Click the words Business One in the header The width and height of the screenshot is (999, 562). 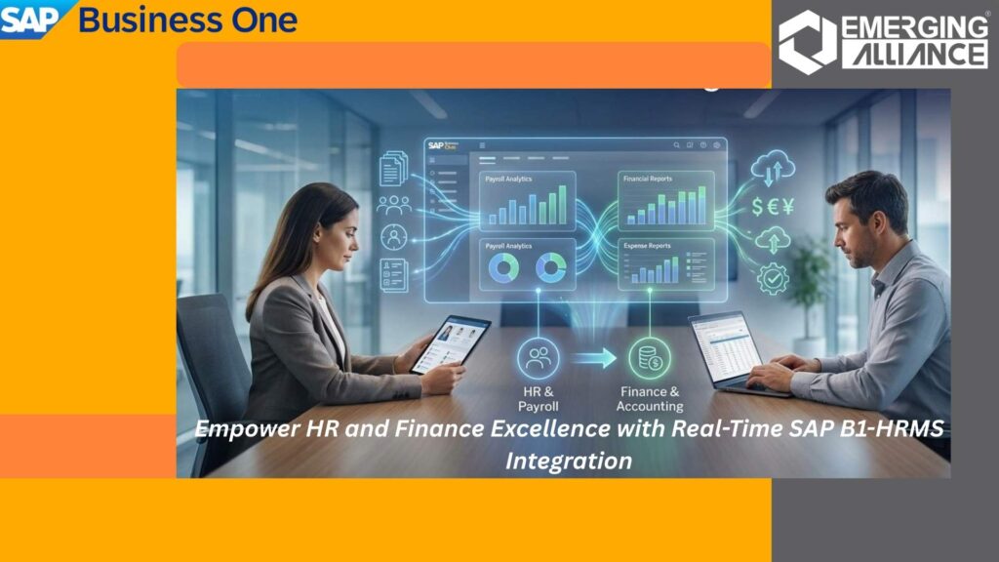[187, 20]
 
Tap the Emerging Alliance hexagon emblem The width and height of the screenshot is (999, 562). [806, 41]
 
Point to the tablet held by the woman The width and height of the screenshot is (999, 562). [450, 344]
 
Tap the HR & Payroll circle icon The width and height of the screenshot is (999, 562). [538, 358]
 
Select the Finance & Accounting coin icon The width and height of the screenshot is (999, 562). [650, 358]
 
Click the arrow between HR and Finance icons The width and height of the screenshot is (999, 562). [594, 359]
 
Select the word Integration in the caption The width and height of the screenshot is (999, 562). [568, 461]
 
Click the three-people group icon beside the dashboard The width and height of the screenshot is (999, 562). [394, 205]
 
